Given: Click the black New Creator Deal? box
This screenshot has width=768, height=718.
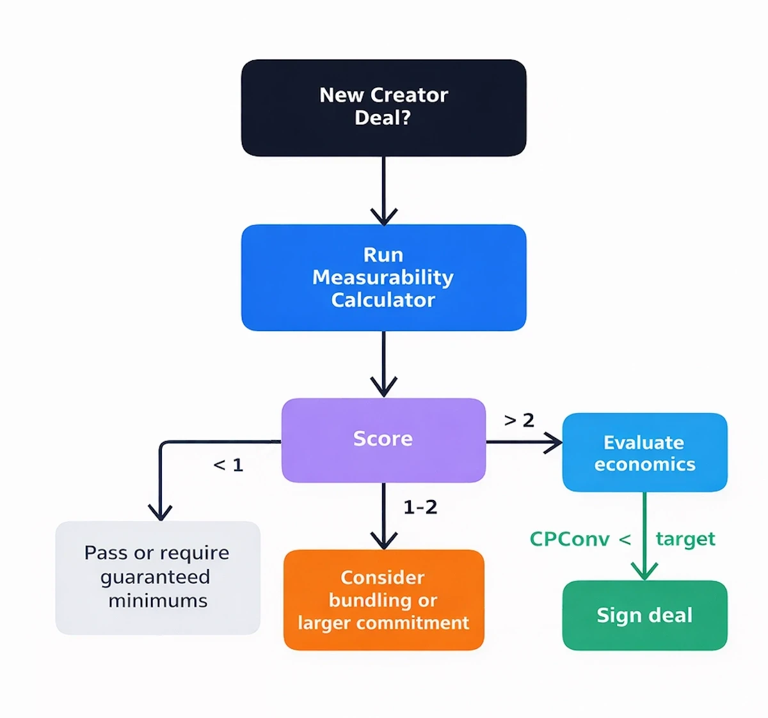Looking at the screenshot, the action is [x=383, y=107].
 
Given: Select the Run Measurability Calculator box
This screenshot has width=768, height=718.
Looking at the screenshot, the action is [x=383, y=277].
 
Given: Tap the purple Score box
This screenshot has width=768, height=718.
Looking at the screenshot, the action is [x=383, y=440].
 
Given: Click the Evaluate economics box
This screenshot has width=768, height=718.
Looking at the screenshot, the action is [x=644, y=453].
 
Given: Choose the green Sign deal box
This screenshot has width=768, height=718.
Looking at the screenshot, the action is [x=644, y=615].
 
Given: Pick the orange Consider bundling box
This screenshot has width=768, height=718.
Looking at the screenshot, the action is [x=383, y=600].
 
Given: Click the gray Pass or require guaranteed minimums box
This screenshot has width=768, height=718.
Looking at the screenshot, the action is [x=157, y=577].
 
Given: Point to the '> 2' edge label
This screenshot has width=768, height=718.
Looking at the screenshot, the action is [x=519, y=420].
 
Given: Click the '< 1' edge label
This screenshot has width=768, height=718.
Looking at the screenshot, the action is [x=228, y=465].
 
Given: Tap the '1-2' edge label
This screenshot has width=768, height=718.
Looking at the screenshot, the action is [x=420, y=507].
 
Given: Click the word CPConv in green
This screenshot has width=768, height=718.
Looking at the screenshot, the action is [x=569, y=539].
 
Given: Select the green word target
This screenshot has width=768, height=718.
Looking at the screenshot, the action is [x=685, y=539].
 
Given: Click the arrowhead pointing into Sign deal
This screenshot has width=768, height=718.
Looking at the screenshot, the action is [x=644, y=571].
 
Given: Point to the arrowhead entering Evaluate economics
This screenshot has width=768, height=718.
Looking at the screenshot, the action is [x=554, y=442].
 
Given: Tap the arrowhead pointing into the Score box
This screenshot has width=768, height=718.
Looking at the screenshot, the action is [x=383, y=387].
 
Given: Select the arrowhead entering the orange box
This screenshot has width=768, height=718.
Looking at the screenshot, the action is [x=383, y=541].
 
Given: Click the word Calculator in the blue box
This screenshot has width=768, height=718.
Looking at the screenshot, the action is [x=383, y=300].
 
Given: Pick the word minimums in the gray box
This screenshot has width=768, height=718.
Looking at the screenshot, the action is [x=157, y=601].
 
